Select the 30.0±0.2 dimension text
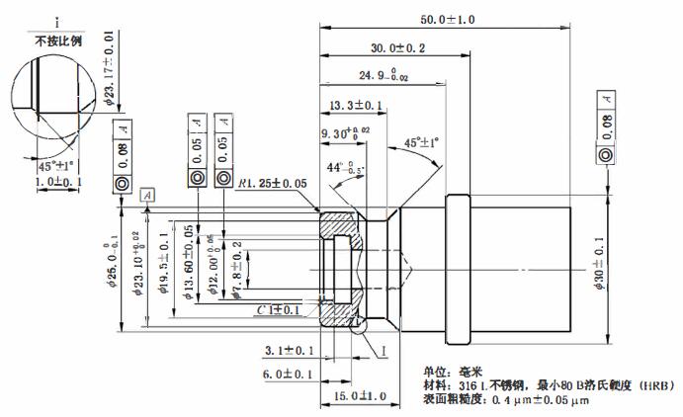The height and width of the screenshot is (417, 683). click(398, 47)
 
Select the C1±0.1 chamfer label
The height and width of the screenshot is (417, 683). click(279, 310)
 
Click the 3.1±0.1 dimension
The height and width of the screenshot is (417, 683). click(290, 350)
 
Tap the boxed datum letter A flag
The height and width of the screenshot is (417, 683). click(147, 196)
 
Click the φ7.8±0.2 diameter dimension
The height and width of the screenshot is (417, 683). click(235, 264)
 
